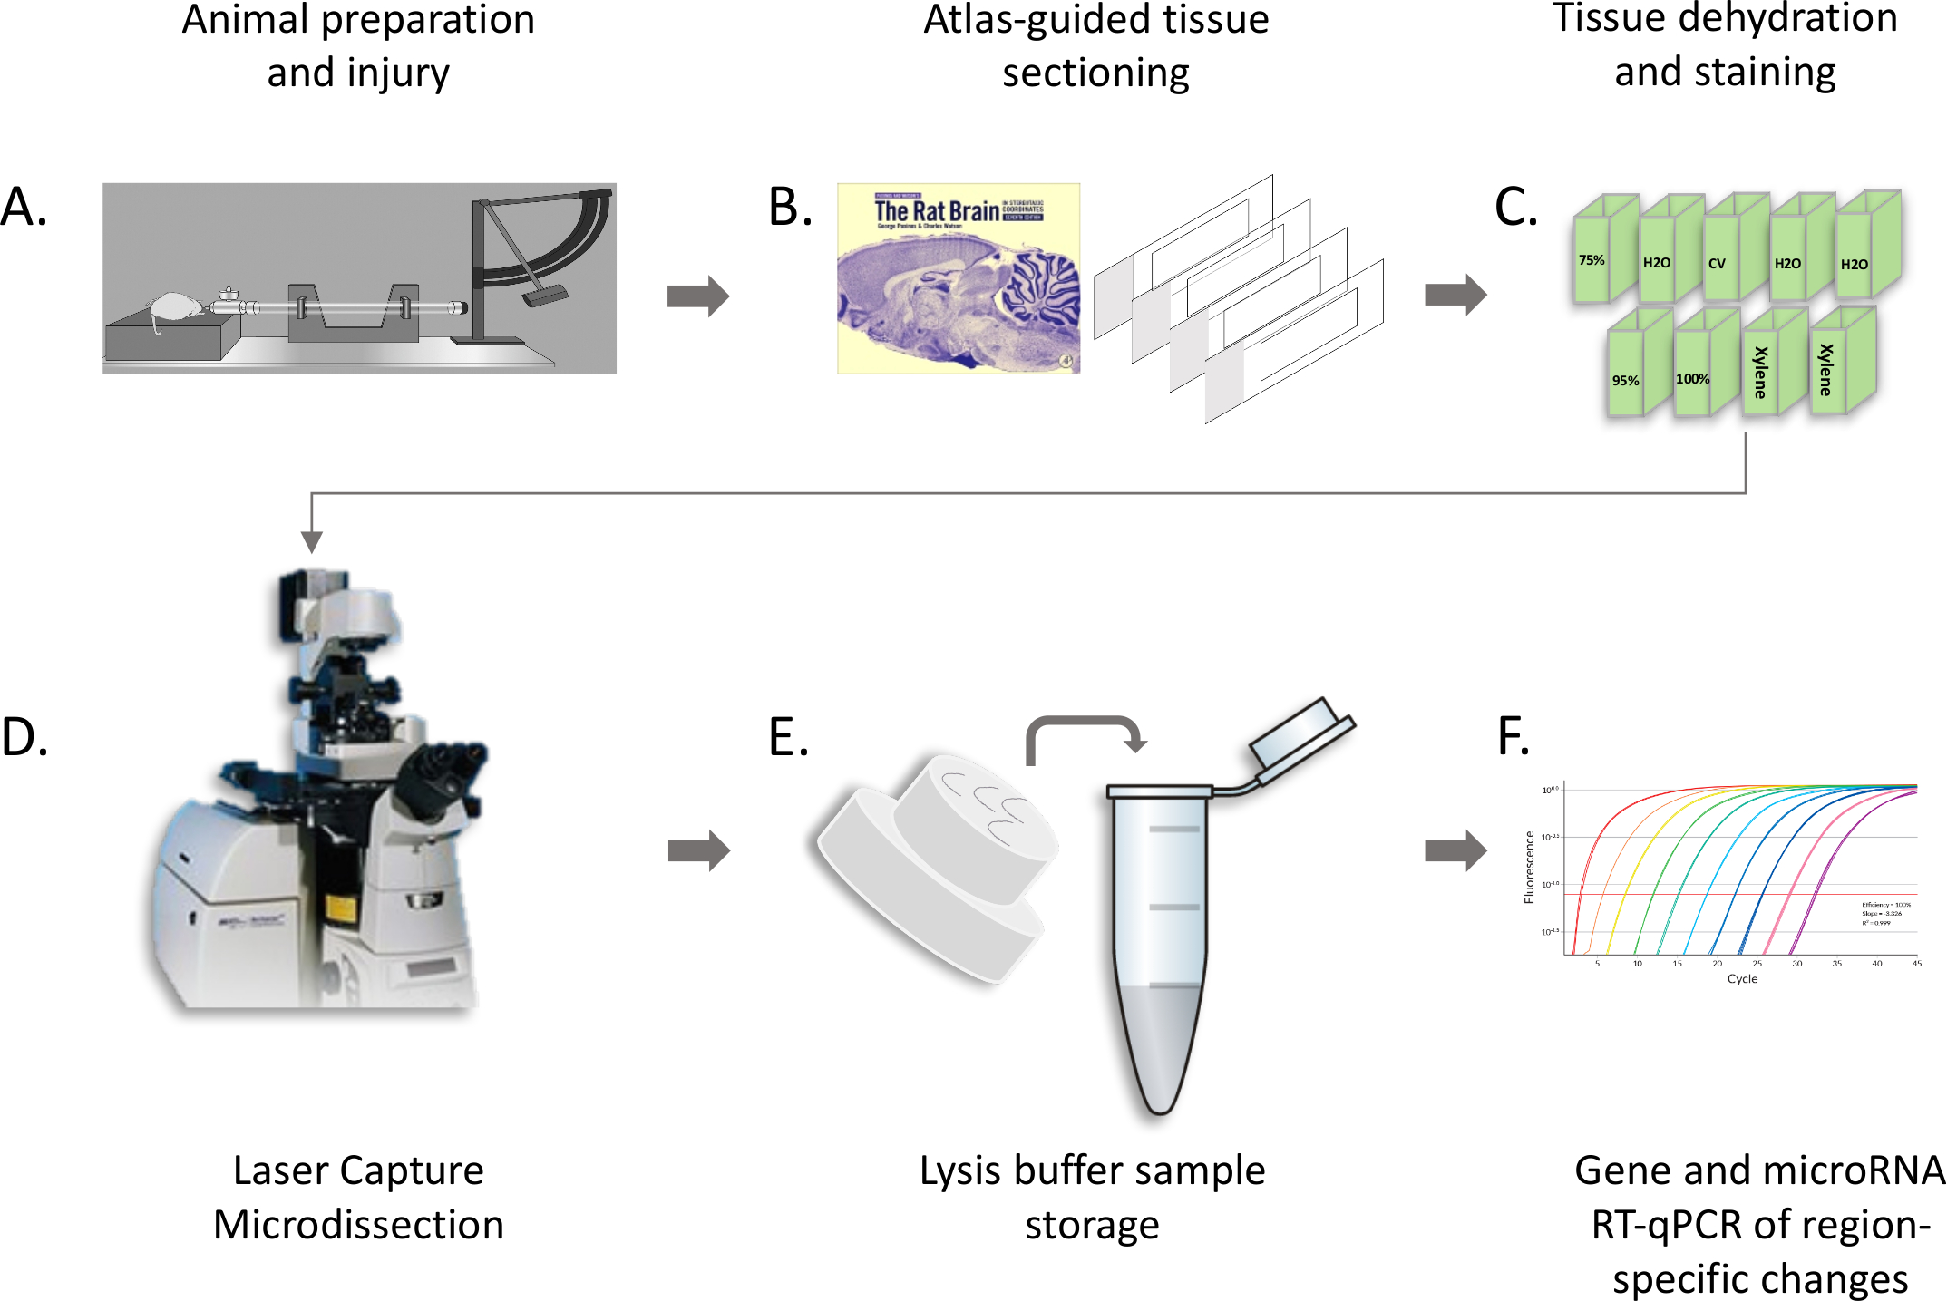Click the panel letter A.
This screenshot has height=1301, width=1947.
click(24, 208)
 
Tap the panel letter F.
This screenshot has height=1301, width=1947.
click(1512, 736)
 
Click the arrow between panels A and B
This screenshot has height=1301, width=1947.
click(697, 296)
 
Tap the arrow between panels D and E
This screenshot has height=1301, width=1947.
click(698, 850)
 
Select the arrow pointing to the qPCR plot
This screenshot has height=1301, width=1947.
click(1455, 850)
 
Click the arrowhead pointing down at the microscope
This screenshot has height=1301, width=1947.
click(311, 541)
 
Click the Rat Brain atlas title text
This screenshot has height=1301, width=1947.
click(936, 211)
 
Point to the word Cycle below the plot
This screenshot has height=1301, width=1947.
click(1742, 979)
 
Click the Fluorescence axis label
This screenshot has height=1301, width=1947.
click(1530, 867)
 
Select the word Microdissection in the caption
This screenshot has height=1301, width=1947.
click(358, 1225)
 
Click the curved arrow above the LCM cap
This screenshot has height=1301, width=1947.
click(1085, 733)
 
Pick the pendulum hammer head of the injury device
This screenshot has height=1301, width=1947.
click(545, 296)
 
